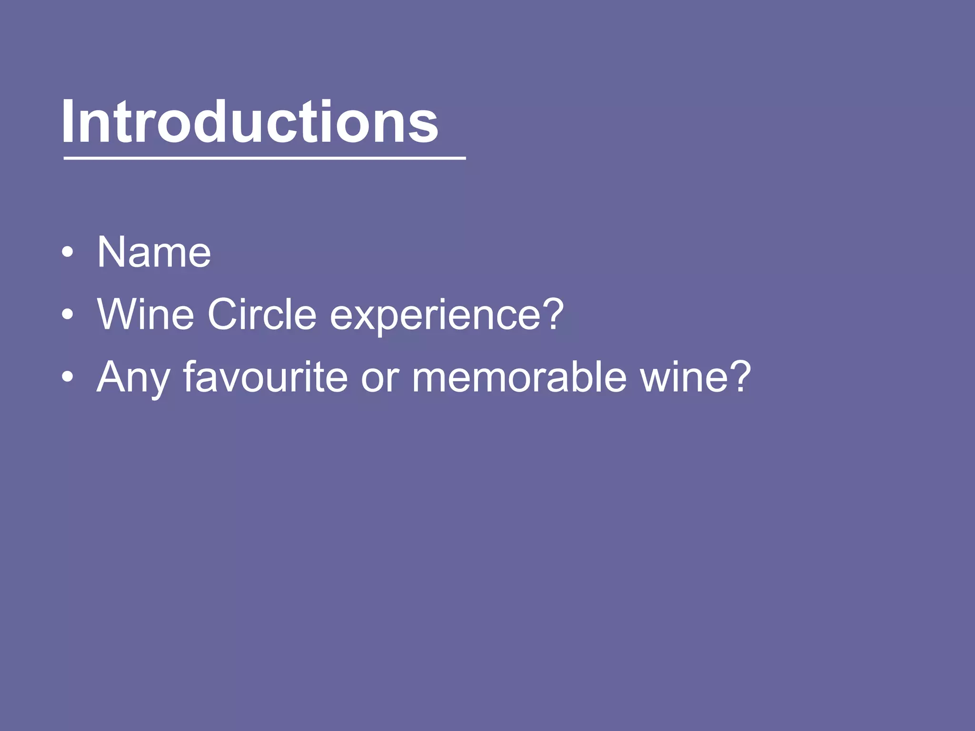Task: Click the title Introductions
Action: click(250, 122)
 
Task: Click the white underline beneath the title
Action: click(264, 158)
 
